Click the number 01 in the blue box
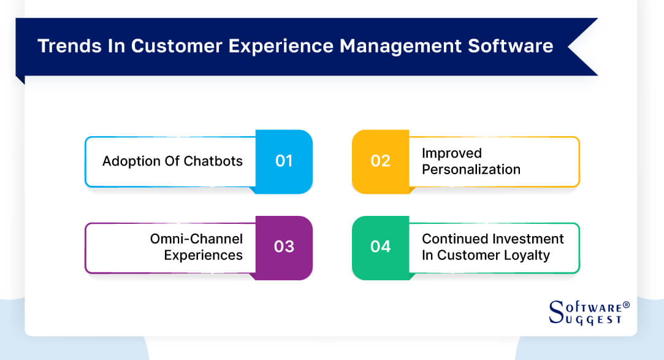click(283, 161)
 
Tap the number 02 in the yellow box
click(380, 161)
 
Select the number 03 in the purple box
click(283, 247)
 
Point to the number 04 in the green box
click(380, 247)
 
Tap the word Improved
click(452, 153)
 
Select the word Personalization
click(471, 170)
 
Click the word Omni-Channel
click(196, 239)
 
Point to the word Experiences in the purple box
click(203, 255)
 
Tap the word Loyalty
click(525, 255)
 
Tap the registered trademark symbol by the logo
click(626, 305)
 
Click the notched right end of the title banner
click(582, 47)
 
